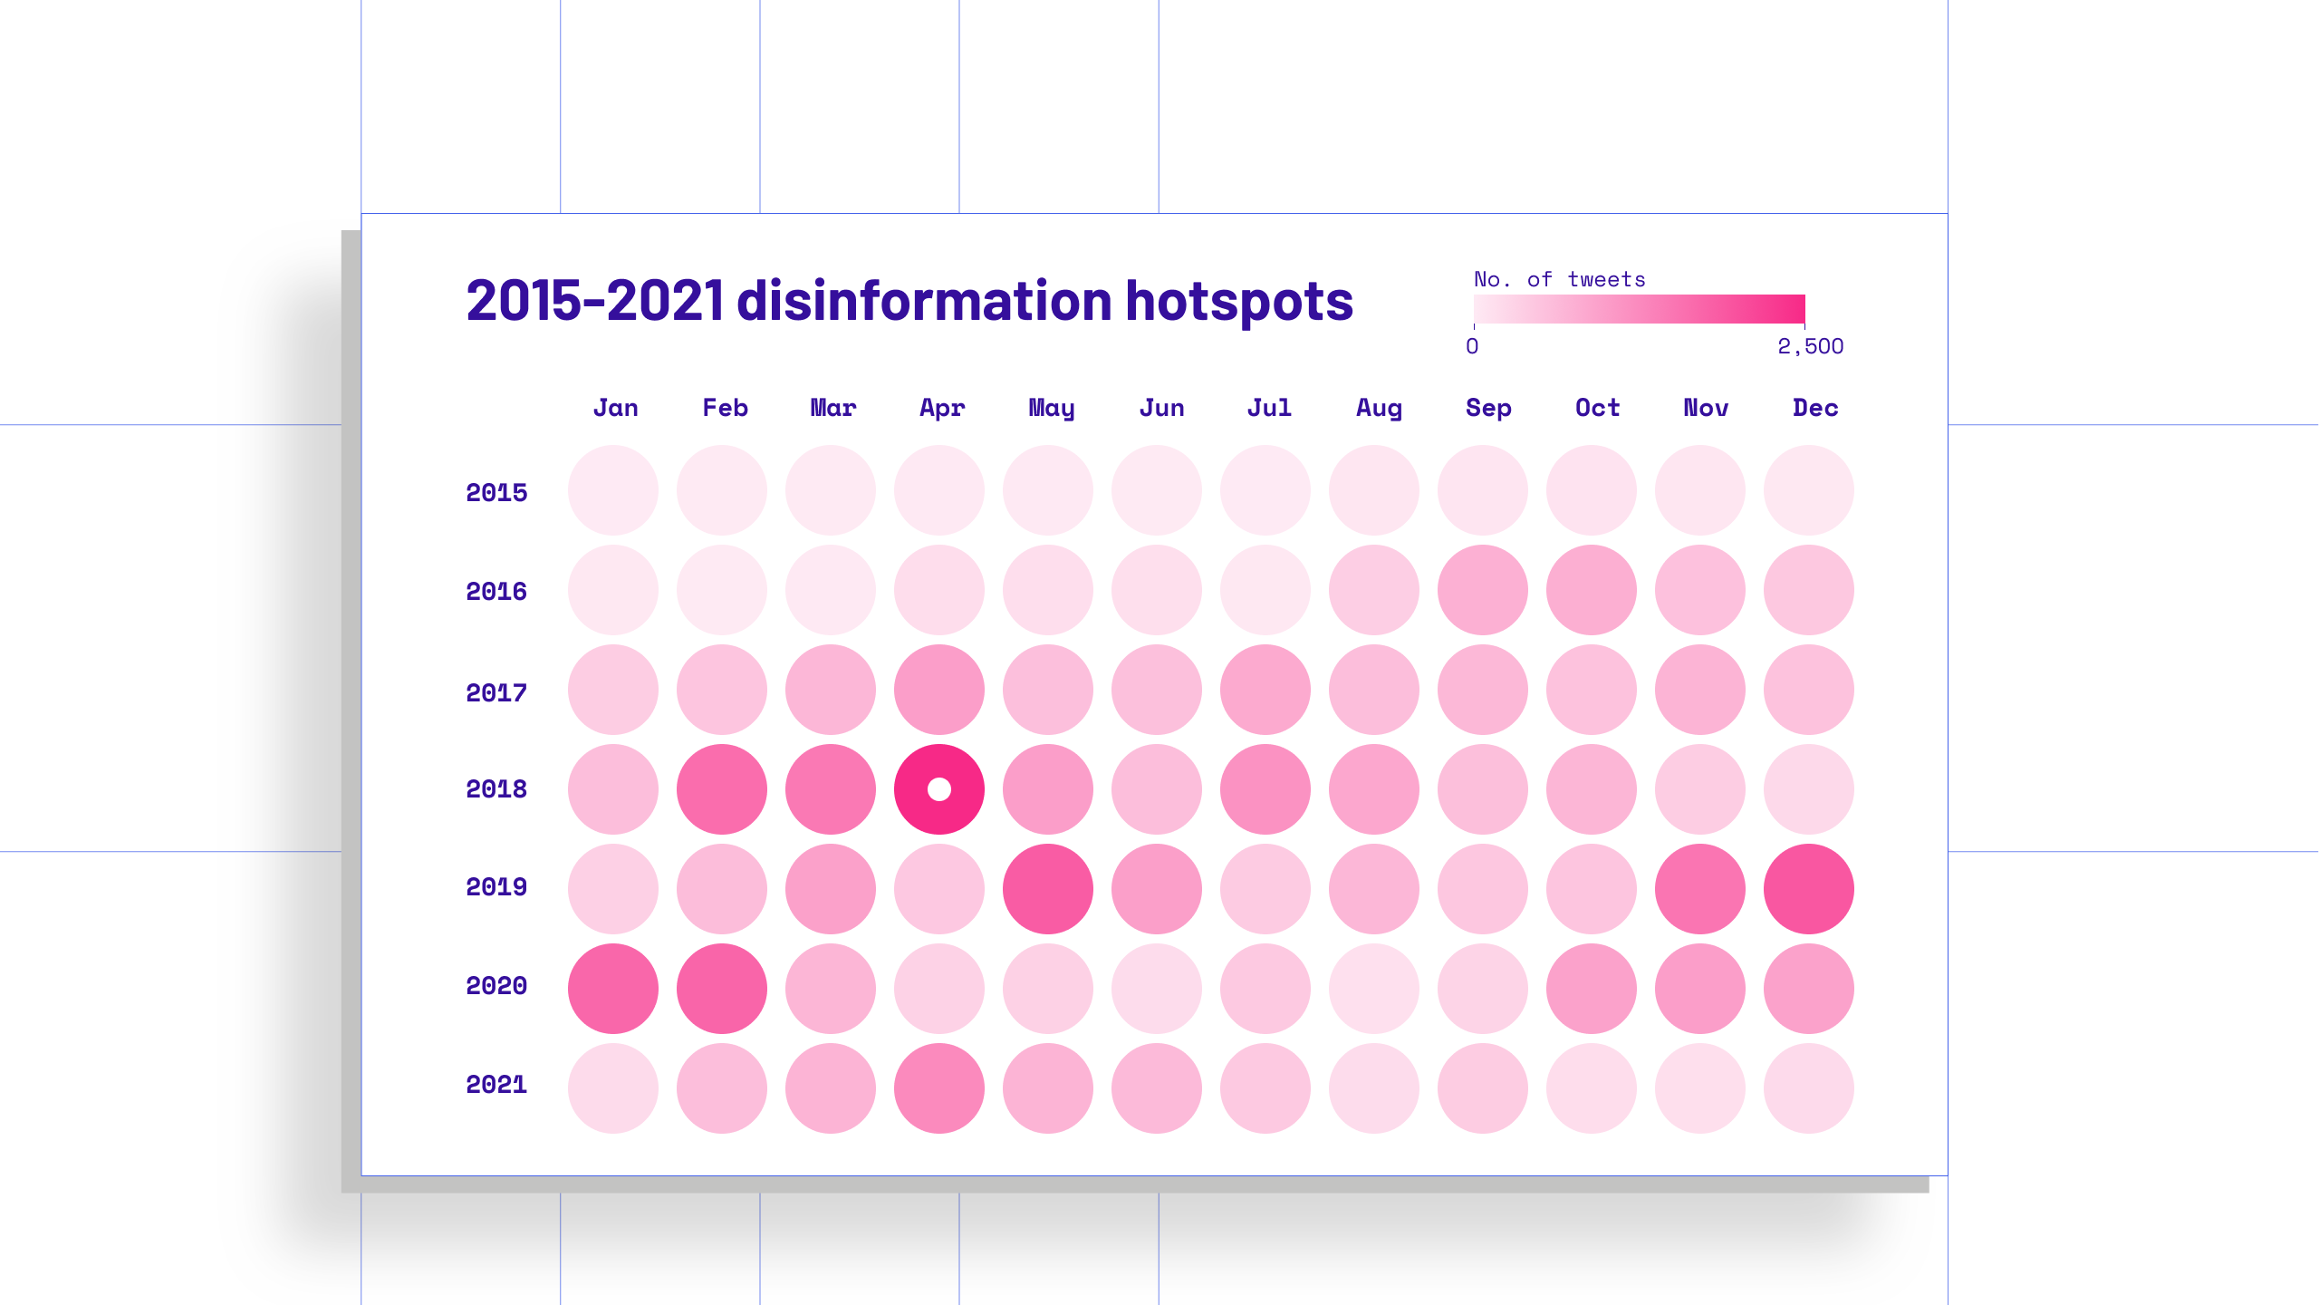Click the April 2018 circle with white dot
coord(939,789)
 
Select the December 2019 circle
coord(1809,889)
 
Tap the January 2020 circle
coord(613,989)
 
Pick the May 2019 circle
coord(1048,889)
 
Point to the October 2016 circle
coord(1592,590)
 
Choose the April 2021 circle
coord(939,1088)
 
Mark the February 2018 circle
coord(722,789)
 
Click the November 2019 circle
coord(1700,889)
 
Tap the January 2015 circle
coord(613,490)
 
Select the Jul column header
coord(1269,408)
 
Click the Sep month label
coord(1488,408)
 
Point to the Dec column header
coord(1815,408)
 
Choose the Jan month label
coord(616,408)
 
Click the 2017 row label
coord(496,693)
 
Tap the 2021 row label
coord(496,1085)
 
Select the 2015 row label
coord(496,493)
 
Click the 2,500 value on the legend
coord(1810,346)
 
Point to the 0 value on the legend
coord(1472,346)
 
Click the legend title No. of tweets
coord(1559,280)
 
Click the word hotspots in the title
coord(1239,302)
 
